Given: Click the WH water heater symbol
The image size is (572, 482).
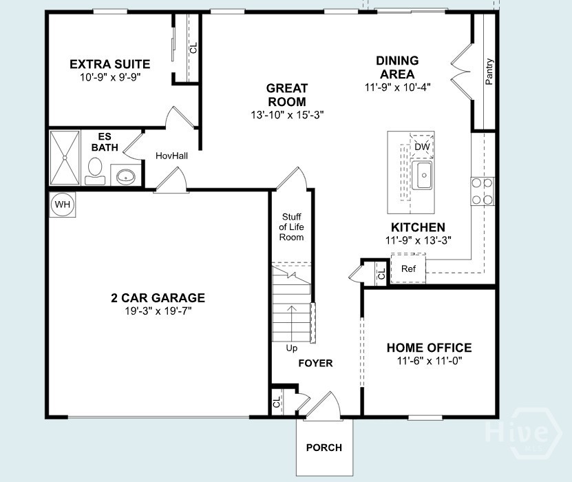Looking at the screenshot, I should (63, 205).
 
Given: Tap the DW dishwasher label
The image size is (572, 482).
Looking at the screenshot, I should (422, 147).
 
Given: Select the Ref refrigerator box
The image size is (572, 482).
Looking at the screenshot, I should (408, 269).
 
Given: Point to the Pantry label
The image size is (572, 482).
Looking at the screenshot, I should (489, 72).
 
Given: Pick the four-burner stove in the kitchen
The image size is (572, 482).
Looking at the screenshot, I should (482, 191).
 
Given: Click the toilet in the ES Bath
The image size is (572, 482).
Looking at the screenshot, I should (94, 169).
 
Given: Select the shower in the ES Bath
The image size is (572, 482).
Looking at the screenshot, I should (65, 157).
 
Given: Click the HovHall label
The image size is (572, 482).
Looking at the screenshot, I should (171, 156).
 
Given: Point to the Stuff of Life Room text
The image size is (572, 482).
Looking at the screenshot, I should (291, 227).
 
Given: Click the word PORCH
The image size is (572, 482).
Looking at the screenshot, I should (324, 448).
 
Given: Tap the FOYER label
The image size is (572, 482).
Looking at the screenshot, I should (315, 363).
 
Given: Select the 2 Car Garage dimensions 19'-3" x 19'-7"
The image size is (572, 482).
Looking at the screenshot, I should (158, 311).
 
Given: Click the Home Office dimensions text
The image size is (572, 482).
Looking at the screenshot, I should (429, 361).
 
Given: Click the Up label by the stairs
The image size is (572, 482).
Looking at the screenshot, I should (292, 348).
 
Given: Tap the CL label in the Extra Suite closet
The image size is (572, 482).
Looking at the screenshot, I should (193, 48).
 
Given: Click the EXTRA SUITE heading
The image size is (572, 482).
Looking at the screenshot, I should (110, 64).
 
